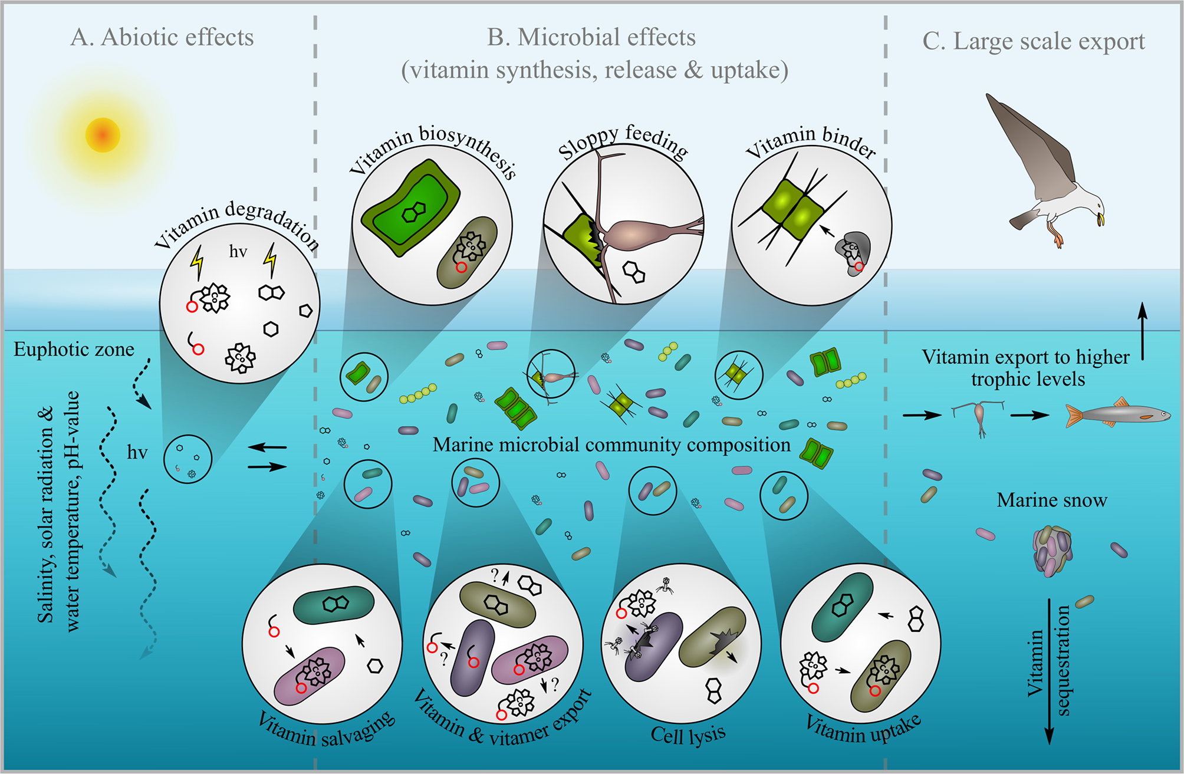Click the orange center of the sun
tap(103, 135)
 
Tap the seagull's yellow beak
tap(1100, 220)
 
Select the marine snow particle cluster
tap(1053, 551)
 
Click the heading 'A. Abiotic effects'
tap(162, 37)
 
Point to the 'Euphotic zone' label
tap(74, 349)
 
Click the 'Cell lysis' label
tap(688, 735)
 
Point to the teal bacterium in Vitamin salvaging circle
tap(333, 604)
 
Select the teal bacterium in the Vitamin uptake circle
tap(842, 607)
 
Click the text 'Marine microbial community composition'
tap(611, 444)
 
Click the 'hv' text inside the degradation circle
tap(238, 252)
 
